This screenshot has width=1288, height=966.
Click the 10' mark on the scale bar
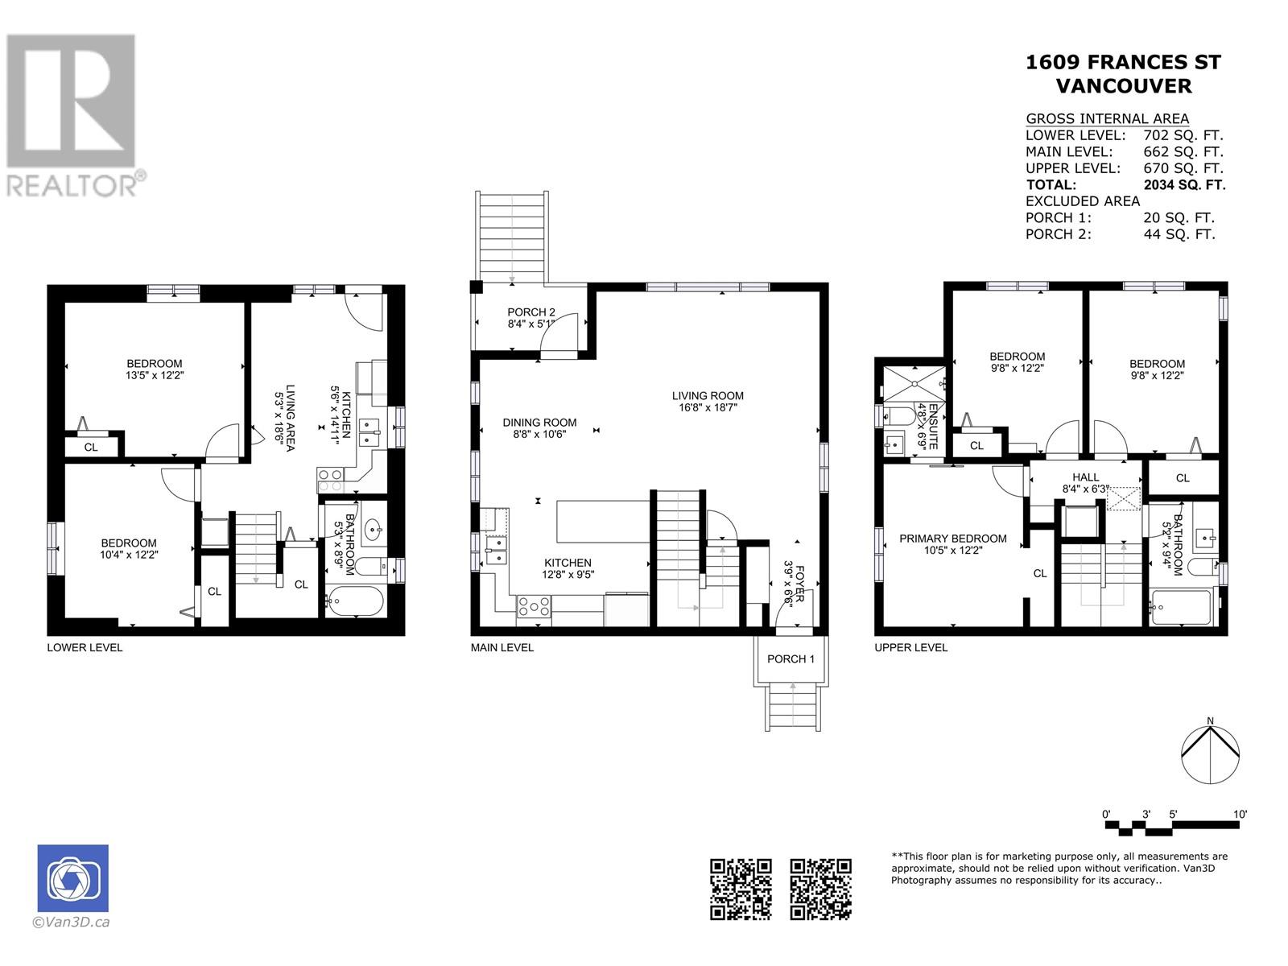(1240, 815)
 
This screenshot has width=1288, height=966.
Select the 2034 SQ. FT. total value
(1184, 185)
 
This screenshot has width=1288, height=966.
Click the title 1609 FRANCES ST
(1123, 63)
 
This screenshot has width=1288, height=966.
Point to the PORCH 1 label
(791, 659)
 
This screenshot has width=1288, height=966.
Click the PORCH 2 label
(531, 312)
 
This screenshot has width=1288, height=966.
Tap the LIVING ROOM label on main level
(708, 396)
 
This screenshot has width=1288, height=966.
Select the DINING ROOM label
(539, 423)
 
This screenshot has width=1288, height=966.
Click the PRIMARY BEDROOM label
(953, 539)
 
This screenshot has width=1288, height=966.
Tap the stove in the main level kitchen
(533, 606)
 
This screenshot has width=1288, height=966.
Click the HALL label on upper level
(1085, 477)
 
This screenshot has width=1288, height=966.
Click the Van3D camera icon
(72, 878)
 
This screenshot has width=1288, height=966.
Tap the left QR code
(741, 889)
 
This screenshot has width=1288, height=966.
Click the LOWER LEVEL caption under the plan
(85, 647)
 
